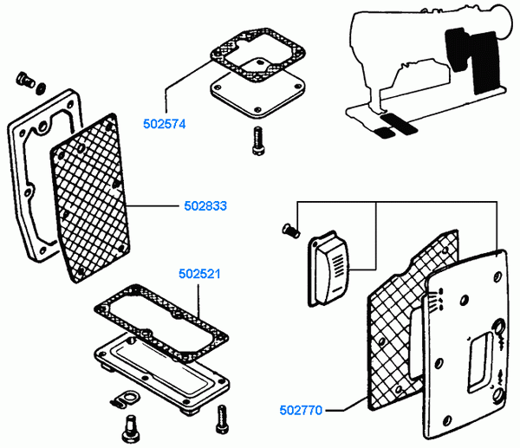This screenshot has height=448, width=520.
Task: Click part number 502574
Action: point(164,124)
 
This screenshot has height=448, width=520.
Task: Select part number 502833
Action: point(205,206)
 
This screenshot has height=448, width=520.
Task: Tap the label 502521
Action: point(199,274)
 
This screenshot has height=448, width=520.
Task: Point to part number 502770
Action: point(301,410)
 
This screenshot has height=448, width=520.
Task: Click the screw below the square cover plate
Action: point(258,141)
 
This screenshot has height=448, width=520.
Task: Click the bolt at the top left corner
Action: point(24,80)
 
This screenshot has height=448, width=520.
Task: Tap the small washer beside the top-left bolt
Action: point(41,88)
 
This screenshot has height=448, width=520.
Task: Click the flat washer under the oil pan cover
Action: point(127,397)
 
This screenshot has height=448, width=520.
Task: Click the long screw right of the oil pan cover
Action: point(222,419)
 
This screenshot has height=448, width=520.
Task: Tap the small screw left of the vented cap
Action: point(291,230)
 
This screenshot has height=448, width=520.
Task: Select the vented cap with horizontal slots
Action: point(328,269)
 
